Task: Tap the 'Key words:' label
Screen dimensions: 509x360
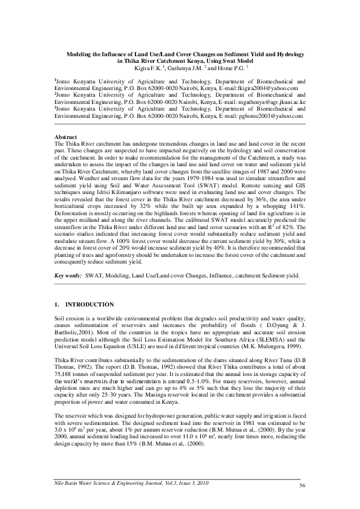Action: (68, 275)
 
